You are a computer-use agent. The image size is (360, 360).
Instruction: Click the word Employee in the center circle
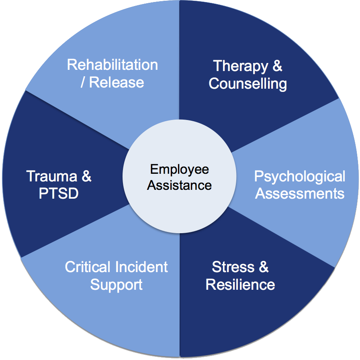[x=180, y=170]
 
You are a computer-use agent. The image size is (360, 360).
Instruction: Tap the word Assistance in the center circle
[x=179, y=185]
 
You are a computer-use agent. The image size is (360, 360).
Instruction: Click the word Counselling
[x=248, y=84]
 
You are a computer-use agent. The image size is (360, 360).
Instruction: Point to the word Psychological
[x=300, y=177]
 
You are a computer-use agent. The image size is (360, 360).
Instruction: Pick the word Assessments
[x=300, y=194]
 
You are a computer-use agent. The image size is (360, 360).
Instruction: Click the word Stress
[x=233, y=267]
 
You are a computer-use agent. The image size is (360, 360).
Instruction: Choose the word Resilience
[x=240, y=285]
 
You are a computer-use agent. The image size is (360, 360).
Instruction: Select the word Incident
[x=142, y=267]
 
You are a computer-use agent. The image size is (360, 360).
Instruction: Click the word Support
[x=116, y=285]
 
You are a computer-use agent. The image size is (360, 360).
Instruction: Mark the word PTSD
[x=59, y=194]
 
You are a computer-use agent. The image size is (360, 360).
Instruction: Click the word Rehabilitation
[x=112, y=65]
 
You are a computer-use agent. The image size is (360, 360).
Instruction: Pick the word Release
[x=117, y=82]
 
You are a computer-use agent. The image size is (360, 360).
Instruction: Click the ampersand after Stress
[x=263, y=267]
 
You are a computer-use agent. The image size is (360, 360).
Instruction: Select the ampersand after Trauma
[x=86, y=177]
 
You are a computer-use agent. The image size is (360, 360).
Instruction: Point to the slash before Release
[x=83, y=83]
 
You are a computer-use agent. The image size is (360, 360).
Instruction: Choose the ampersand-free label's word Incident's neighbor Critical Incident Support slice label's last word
[x=116, y=285]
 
